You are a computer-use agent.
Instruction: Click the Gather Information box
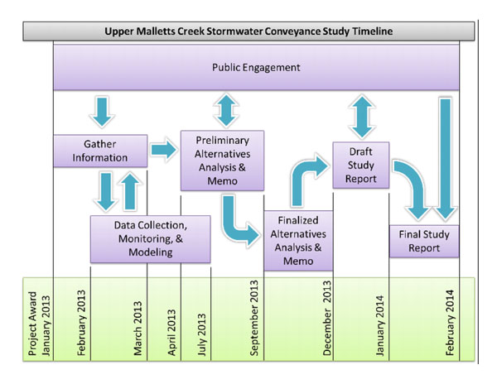pyautogui.click(x=100, y=151)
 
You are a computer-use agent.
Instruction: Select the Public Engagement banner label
pyautogui.click(x=256, y=67)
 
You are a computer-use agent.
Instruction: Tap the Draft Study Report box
pyautogui.click(x=360, y=166)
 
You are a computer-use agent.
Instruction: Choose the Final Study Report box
pyautogui.click(x=424, y=241)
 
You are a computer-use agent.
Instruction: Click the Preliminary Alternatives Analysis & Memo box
pyautogui.click(x=222, y=161)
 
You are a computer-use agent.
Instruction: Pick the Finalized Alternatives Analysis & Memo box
pyautogui.click(x=298, y=241)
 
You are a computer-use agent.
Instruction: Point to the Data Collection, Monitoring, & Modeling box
pyautogui.click(x=150, y=239)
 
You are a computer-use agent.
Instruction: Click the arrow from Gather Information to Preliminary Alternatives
pyautogui.click(x=163, y=149)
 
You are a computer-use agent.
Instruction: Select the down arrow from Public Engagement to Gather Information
pyautogui.click(x=102, y=112)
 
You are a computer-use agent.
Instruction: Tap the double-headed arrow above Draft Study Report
pyautogui.click(x=362, y=117)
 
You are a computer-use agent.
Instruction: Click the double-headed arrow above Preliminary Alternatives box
pyautogui.click(x=225, y=110)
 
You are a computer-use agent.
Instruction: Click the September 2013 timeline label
pyautogui.click(x=254, y=318)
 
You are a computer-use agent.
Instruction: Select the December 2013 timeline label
pyautogui.click(x=327, y=318)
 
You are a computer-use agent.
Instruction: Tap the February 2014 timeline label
pyautogui.click(x=450, y=323)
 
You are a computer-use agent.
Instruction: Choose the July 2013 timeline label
pyautogui.click(x=201, y=334)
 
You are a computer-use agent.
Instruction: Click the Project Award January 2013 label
pyautogui.click(x=39, y=324)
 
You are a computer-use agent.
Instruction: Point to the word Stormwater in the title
pyautogui.click(x=235, y=31)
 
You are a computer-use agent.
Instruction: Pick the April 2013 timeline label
pyautogui.click(x=171, y=333)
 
